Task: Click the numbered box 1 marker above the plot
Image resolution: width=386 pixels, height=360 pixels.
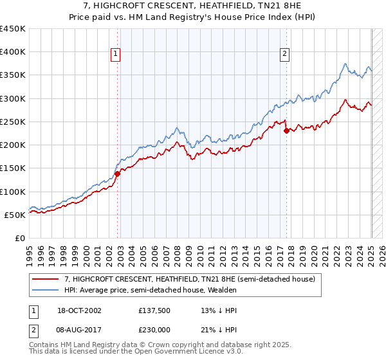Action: (115, 55)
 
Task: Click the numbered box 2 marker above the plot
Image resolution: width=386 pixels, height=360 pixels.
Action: (284, 55)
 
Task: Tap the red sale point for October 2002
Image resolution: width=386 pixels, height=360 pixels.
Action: (118, 174)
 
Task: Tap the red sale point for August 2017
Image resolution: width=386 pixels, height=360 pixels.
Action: (286, 130)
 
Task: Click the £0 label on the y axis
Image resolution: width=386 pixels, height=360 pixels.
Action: (20, 238)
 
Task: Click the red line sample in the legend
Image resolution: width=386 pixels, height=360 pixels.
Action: (46, 279)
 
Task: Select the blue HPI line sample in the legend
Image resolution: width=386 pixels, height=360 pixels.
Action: (46, 290)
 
